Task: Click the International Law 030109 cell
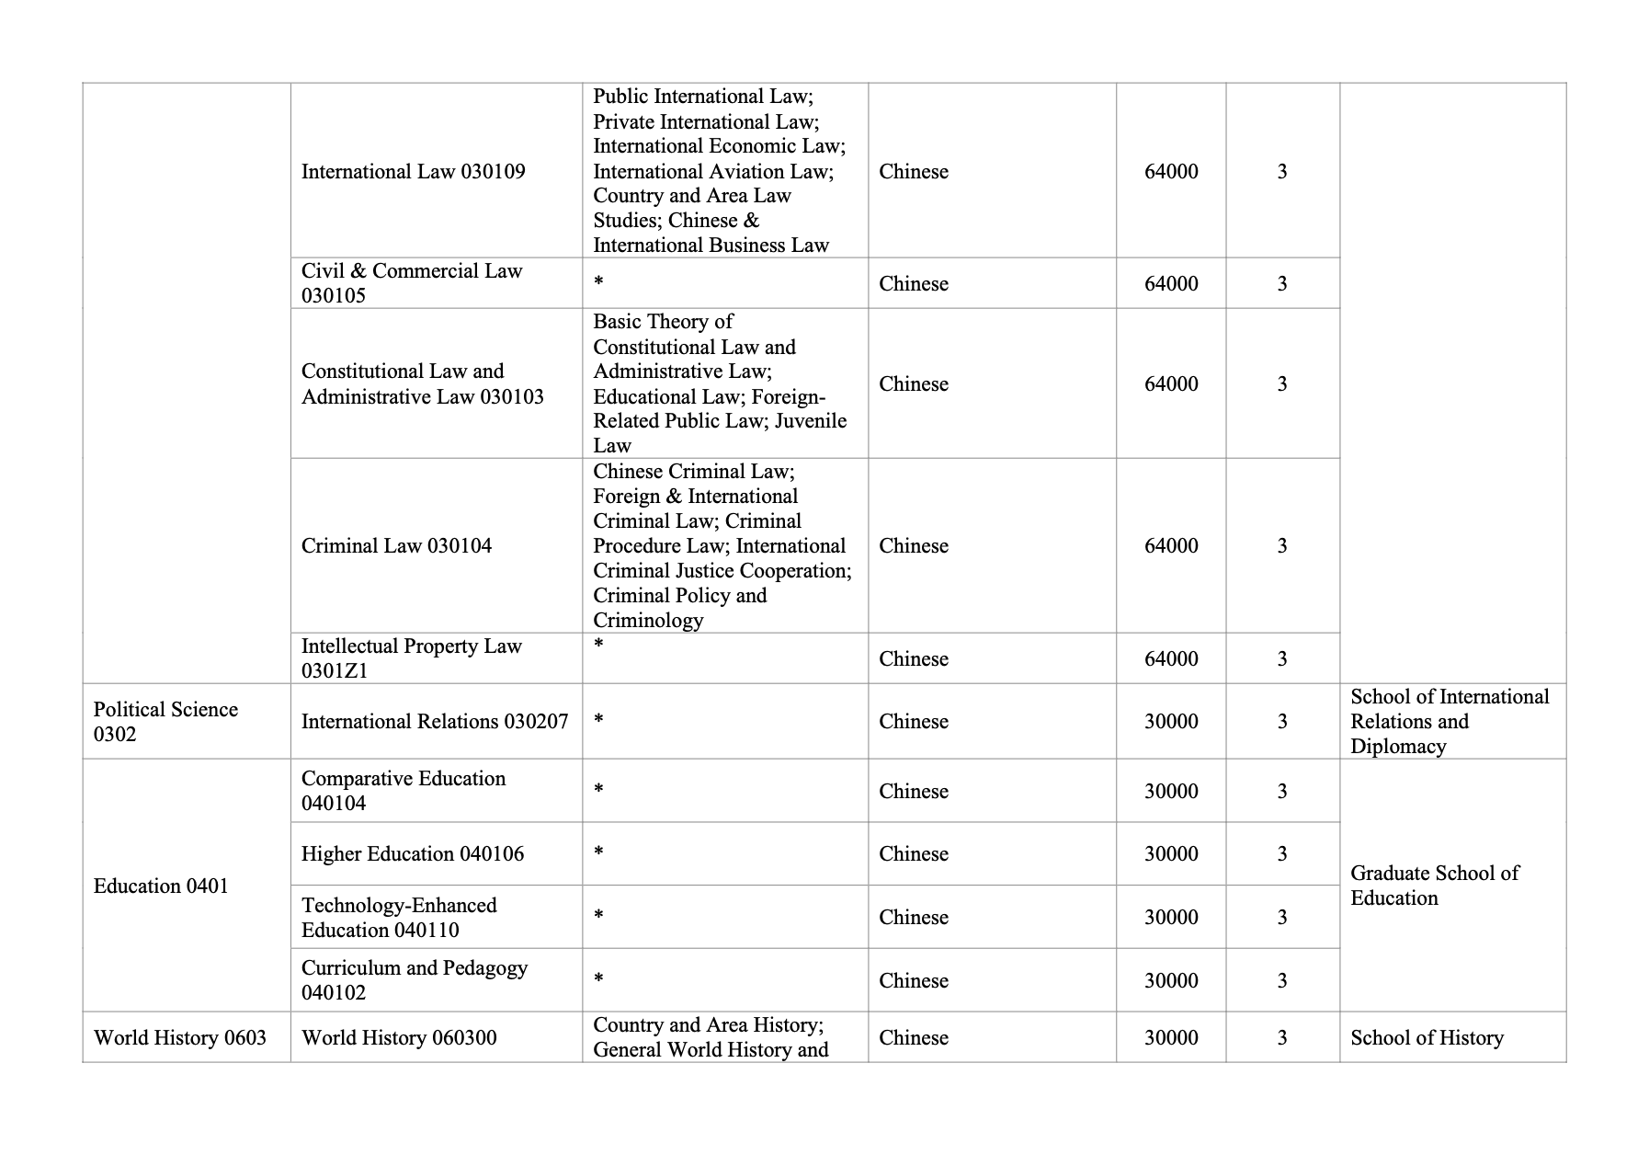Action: click(413, 172)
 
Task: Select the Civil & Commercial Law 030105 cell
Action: click(411, 283)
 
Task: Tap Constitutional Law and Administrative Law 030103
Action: click(422, 383)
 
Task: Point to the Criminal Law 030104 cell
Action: click(396, 546)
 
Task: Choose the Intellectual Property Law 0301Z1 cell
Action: click(411, 658)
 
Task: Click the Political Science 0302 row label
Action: click(165, 722)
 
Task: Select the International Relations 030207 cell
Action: click(435, 722)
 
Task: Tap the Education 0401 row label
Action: click(161, 886)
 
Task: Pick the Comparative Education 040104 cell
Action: click(404, 791)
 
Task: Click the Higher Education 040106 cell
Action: click(413, 854)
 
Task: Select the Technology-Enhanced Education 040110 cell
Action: click(399, 918)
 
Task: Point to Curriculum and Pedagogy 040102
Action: click(415, 980)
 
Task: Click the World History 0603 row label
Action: click(180, 1038)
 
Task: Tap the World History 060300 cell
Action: click(399, 1038)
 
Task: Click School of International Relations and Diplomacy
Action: click(1450, 722)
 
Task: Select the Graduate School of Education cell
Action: click(1434, 886)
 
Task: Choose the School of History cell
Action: click(1427, 1038)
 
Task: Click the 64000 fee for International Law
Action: click(1171, 172)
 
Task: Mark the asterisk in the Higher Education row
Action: click(598, 852)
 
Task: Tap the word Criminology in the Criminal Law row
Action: click(648, 621)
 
